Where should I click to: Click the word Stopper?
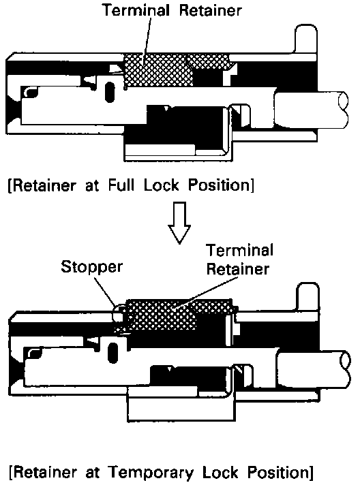point(91,267)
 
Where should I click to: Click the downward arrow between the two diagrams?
point(179,223)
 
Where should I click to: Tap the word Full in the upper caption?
point(121,185)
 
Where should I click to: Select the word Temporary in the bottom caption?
point(151,473)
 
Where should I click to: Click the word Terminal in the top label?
point(136,10)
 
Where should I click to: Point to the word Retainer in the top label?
point(210,10)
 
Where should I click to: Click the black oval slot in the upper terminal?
point(110,92)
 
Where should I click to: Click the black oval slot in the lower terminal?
point(113,353)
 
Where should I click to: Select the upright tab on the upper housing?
point(305,39)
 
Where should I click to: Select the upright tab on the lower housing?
point(307,298)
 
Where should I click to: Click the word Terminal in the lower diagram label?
point(239,251)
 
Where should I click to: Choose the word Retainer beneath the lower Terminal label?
point(237,269)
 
